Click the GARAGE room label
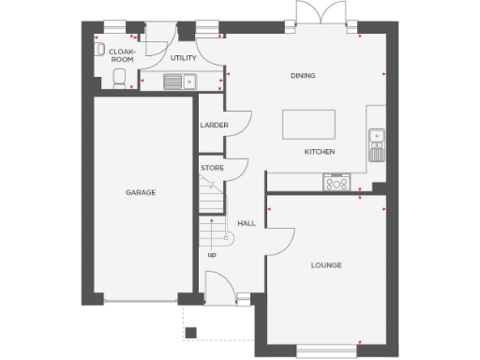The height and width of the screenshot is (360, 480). tap(141, 192)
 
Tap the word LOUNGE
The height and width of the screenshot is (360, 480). tap(326, 265)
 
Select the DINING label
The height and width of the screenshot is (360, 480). tap(302, 76)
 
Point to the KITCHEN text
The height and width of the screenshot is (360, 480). tap(320, 152)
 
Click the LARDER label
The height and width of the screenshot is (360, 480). tap(210, 125)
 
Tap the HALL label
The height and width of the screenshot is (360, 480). tap(247, 223)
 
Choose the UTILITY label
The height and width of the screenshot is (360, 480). tap(183, 58)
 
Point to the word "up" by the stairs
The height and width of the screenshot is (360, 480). tap(211, 254)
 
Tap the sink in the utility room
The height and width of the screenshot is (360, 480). tap(178, 82)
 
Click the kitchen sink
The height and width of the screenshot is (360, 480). tap(377, 139)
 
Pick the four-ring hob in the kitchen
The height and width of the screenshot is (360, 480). tap(336, 182)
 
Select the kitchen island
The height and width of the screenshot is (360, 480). tap(309, 123)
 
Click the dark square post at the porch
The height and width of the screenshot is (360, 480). tap(190, 331)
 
